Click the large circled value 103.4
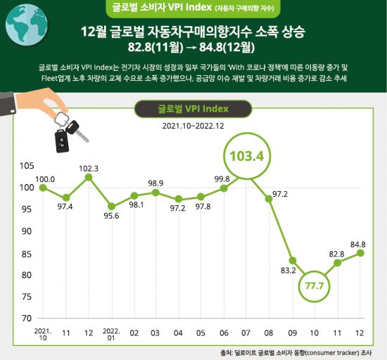click(x=248, y=155)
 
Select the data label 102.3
click(x=89, y=168)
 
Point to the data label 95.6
click(x=113, y=217)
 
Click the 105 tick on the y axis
click(x=27, y=166)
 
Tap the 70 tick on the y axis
click(x=27, y=318)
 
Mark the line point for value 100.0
click(x=44, y=188)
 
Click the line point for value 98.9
click(x=157, y=192)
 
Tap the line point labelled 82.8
click(x=338, y=262)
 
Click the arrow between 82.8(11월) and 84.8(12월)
click(x=193, y=49)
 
